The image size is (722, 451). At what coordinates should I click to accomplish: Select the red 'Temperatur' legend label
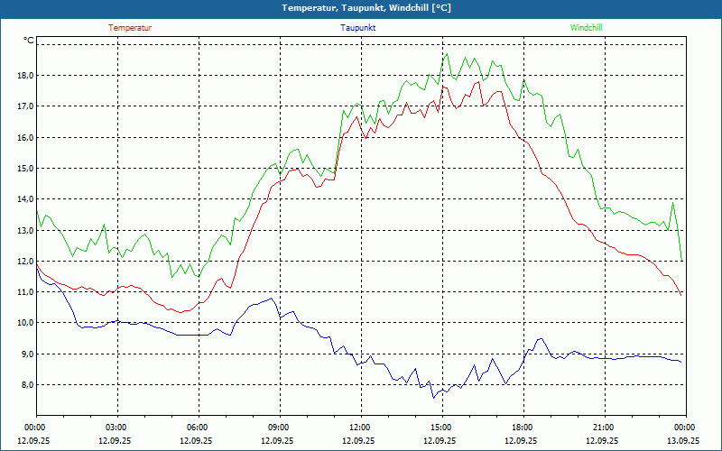[130, 28]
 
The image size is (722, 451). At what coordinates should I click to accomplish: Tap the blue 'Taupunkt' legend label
[358, 28]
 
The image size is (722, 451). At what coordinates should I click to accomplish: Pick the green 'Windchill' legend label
[587, 28]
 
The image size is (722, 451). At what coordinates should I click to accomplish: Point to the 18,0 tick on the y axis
[24, 76]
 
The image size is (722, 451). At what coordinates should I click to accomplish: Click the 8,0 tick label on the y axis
[24, 385]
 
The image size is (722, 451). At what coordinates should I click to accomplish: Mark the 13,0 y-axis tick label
[24, 231]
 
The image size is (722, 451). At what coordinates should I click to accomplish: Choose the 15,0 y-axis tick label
[24, 169]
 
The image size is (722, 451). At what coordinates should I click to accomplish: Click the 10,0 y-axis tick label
[24, 323]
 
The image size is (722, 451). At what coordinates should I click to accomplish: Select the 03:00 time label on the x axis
[116, 428]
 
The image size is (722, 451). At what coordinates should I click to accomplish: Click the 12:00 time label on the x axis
[359, 428]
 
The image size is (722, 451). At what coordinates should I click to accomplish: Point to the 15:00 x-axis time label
[440, 428]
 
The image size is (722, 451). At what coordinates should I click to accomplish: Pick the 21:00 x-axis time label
[603, 428]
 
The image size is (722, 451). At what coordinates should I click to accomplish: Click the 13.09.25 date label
[682, 441]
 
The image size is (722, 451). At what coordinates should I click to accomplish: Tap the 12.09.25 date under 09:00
[278, 441]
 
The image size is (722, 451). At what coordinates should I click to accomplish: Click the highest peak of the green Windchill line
[447, 53]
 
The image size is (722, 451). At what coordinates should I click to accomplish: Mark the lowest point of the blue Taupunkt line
[433, 398]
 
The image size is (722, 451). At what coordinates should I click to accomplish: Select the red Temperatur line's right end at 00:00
[681, 295]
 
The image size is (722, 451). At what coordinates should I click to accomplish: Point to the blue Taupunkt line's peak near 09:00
[272, 299]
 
